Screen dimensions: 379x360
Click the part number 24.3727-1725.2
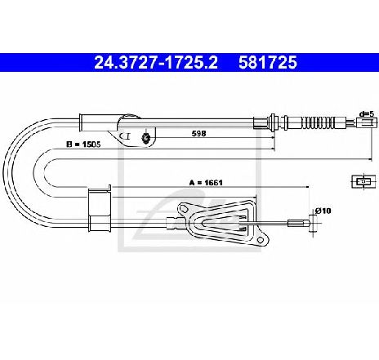(156, 63)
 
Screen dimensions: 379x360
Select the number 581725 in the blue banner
(268, 63)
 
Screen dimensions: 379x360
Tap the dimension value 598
(199, 134)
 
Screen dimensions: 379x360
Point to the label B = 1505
(83, 144)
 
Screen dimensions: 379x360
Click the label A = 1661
(206, 183)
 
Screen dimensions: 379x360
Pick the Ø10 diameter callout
(323, 211)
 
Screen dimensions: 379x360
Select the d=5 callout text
(367, 114)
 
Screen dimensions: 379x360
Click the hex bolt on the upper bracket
(146, 138)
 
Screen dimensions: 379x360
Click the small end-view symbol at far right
(363, 181)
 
